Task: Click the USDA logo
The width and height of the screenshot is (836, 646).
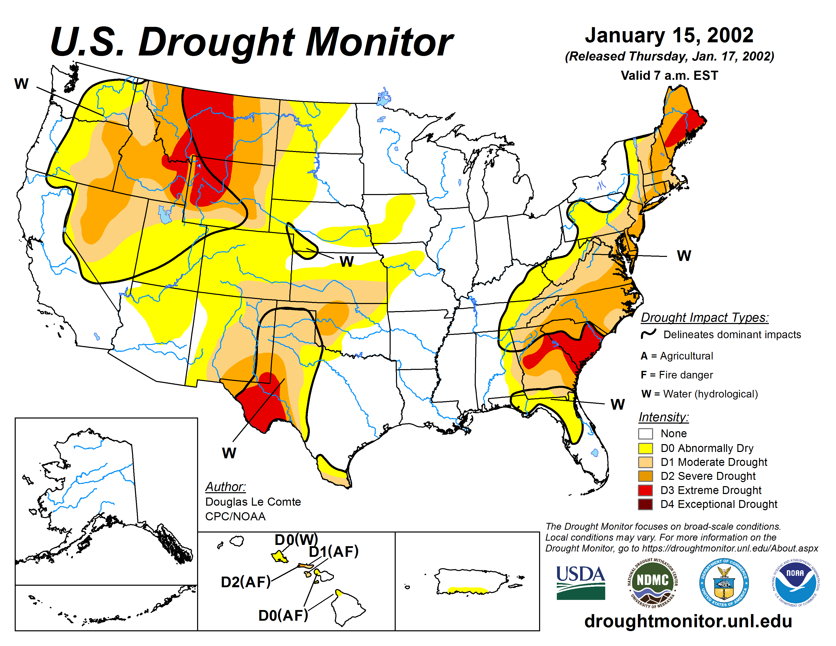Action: pyautogui.click(x=580, y=582)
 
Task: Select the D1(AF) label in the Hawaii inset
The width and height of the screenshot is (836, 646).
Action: pyautogui.click(x=333, y=552)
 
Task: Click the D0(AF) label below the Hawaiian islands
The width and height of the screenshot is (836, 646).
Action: pyautogui.click(x=283, y=615)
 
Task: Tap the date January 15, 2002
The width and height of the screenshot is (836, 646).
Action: pyautogui.click(x=669, y=35)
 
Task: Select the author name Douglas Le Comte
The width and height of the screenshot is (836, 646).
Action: pyautogui.click(x=253, y=502)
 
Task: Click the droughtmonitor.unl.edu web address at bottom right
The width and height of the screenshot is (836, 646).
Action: pyautogui.click(x=688, y=621)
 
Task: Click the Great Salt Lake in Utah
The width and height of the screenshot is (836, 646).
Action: pyautogui.click(x=165, y=215)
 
